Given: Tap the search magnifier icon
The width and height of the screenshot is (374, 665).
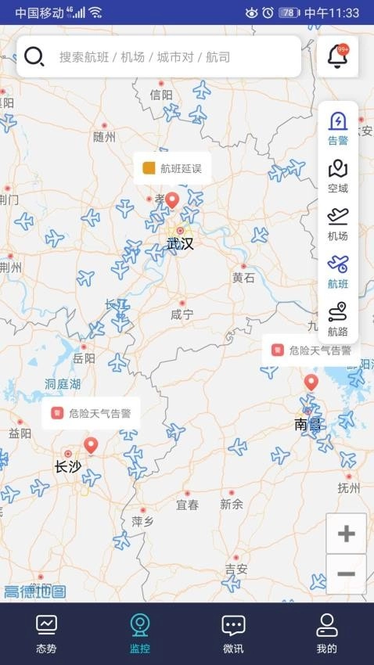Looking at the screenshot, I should [34, 56].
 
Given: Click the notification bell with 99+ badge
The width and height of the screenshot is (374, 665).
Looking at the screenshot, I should [338, 56].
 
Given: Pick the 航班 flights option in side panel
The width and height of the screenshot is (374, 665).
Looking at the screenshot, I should [338, 271].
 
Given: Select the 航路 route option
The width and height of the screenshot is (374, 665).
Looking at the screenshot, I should [338, 319].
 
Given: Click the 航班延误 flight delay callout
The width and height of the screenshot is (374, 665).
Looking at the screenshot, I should [172, 168].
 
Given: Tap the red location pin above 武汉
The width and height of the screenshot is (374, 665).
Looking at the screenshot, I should [172, 200].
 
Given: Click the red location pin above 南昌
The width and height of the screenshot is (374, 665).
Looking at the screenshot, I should [311, 382].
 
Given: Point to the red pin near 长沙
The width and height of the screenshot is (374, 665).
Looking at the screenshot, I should [91, 445].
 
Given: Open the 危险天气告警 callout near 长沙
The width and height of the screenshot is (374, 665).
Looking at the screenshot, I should [91, 413].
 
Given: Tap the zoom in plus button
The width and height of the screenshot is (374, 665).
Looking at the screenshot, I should [346, 534].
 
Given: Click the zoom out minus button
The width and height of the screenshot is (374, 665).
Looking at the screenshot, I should [346, 574].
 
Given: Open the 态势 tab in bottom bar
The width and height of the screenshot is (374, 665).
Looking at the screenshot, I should [46, 634].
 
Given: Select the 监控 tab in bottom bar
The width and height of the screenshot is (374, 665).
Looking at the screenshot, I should [139, 634].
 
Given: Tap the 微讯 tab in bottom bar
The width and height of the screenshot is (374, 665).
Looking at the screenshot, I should [233, 634].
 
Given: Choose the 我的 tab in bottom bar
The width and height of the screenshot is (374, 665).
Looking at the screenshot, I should [326, 634].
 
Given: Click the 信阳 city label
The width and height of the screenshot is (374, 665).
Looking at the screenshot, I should [161, 95].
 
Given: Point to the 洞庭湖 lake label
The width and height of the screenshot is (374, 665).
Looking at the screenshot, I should [63, 384].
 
